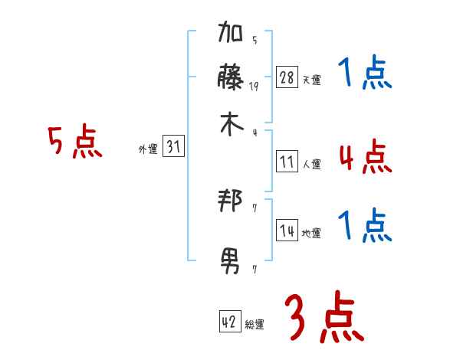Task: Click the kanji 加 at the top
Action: click(231, 35)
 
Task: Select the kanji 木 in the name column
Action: click(231, 124)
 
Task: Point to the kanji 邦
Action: click(231, 202)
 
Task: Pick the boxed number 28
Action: click(287, 77)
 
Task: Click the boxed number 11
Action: click(287, 162)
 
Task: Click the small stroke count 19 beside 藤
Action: click(254, 87)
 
